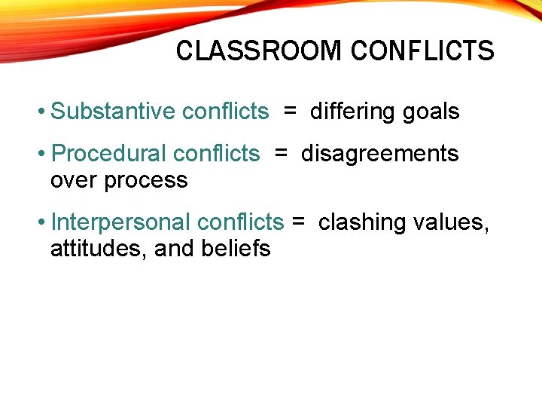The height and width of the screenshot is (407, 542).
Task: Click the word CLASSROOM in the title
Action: pyautogui.click(x=259, y=51)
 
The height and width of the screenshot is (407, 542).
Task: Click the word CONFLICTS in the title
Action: pyautogui.click(x=422, y=51)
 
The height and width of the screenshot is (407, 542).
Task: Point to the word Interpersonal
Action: pyautogui.click(x=120, y=222)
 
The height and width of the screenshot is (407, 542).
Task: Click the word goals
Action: pyautogui.click(x=431, y=112)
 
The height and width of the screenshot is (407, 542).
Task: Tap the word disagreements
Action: pyautogui.click(x=379, y=154)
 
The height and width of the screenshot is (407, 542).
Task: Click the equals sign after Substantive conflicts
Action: pyautogui.click(x=290, y=112)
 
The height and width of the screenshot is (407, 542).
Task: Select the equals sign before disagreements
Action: pyautogui.click(x=281, y=154)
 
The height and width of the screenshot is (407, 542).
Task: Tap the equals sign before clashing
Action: pyautogui.click(x=298, y=222)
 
